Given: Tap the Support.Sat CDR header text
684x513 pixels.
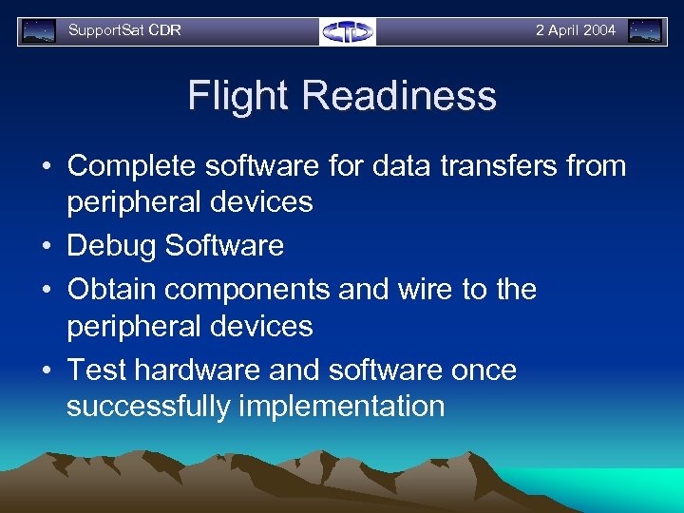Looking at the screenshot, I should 124,30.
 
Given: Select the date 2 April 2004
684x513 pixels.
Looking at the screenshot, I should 575,30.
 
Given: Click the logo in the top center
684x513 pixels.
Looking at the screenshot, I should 348,31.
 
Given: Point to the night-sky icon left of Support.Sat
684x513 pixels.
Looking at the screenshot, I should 39,31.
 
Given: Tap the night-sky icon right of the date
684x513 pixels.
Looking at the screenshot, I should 646,31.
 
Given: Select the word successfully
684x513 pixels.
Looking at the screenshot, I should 148,407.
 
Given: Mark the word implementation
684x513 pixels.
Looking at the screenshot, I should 342,407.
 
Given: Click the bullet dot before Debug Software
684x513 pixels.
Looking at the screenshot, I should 46,247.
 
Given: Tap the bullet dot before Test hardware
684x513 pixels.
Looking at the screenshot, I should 46,370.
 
